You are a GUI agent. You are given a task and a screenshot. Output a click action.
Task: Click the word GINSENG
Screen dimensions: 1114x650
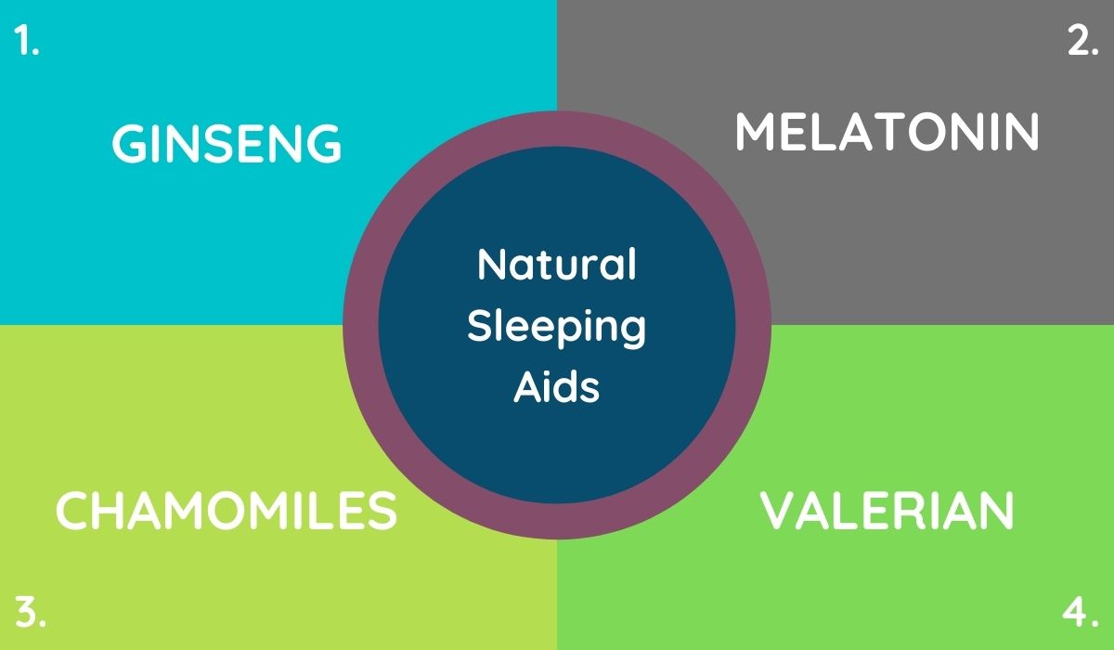pos(227,143)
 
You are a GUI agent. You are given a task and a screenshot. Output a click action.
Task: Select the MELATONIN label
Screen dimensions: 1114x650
pos(887,132)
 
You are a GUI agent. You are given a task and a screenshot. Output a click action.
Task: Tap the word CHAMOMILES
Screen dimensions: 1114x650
pos(227,511)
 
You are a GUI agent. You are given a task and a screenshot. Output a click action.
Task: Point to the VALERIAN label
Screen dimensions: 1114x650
pos(887,511)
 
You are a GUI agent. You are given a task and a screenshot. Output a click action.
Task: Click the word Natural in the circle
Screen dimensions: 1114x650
pos(556,264)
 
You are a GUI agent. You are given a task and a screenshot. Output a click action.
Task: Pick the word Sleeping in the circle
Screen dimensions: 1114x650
pos(556,327)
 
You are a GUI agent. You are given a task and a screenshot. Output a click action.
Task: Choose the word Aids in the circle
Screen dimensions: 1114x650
pos(556,387)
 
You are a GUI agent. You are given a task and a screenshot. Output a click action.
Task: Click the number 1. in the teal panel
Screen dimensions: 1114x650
pos(26,40)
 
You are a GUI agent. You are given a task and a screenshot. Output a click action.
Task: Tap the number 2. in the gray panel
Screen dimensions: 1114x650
pos(1082,40)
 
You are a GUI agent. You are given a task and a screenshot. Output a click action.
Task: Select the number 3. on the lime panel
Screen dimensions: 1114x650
pos(31,611)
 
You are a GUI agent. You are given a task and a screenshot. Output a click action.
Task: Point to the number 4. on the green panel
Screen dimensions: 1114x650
pos(1081,611)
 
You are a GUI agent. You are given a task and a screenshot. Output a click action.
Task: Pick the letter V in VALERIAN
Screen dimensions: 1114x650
pos(778,511)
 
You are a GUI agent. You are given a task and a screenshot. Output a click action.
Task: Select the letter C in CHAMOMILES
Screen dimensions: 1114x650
pos(72,511)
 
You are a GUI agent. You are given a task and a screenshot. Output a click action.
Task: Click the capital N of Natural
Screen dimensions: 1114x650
pos(492,263)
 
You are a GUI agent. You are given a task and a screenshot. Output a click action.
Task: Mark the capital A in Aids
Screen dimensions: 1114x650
pos(528,387)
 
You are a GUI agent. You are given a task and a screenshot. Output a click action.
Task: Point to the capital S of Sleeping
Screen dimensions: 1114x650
pos(480,326)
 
